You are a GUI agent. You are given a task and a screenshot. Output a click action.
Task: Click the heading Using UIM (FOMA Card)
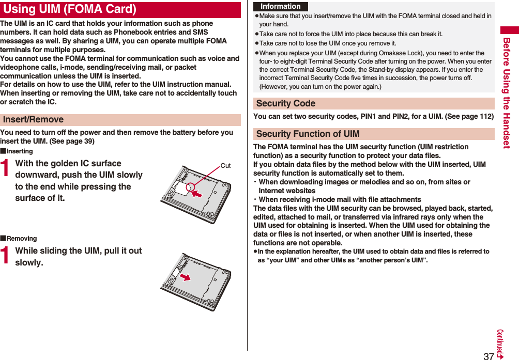[x=70, y=9]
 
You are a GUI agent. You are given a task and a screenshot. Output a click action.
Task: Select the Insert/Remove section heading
[x=34, y=120]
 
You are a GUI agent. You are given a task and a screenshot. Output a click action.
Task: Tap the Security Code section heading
[x=286, y=103]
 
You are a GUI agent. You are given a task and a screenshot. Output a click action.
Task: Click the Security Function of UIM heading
[x=308, y=134]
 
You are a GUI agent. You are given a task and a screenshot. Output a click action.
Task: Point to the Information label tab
[x=281, y=7]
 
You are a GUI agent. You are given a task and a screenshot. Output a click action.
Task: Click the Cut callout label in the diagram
[x=225, y=166]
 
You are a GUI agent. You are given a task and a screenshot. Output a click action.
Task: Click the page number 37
[x=489, y=356]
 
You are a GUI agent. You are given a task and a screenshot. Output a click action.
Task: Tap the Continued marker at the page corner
[x=501, y=343]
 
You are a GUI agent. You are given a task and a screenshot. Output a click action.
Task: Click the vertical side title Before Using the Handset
[x=507, y=93]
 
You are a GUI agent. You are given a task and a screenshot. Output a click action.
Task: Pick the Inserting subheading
[x=20, y=151]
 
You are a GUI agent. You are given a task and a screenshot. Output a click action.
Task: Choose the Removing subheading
[x=22, y=239]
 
